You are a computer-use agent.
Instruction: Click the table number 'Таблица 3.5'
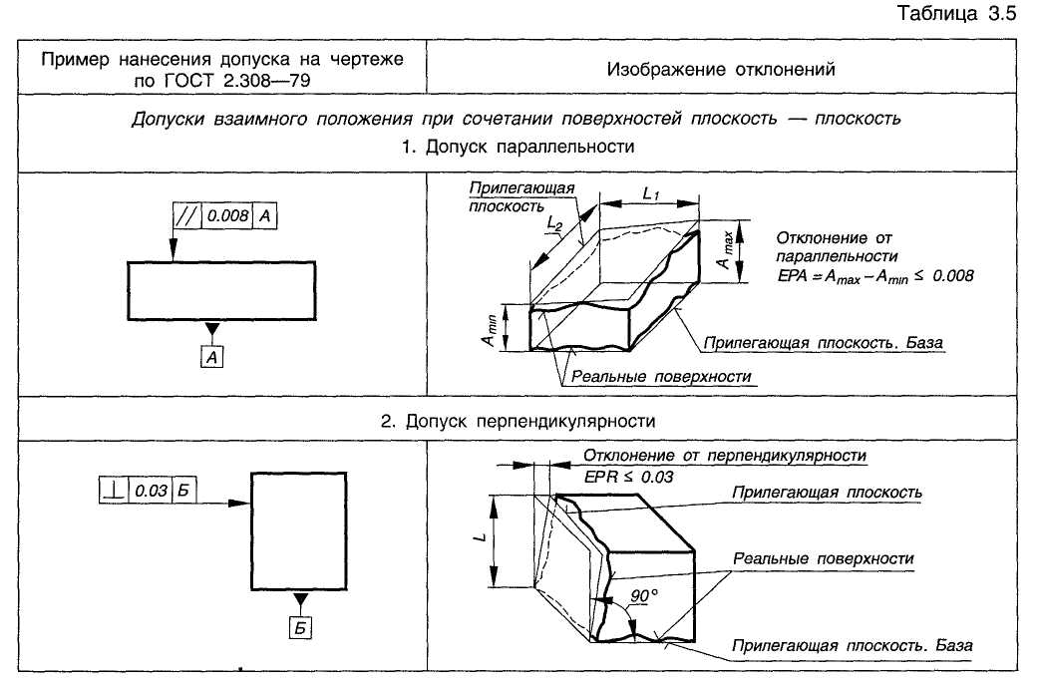coord(956,13)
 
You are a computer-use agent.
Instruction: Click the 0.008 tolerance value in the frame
coord(227,215)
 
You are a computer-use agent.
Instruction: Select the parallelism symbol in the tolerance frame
coord(186,215)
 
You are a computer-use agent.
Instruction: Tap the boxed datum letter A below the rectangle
coord(212,357)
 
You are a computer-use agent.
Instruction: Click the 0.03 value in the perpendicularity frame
coord(151,491)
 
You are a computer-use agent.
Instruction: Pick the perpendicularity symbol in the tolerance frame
coord(114,491)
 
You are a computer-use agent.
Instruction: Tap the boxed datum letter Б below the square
coord(300,628)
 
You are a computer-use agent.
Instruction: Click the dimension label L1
coord(651,193)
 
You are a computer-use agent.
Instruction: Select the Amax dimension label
coord(726,250)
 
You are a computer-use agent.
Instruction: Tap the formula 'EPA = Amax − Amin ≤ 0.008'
coord(875,276)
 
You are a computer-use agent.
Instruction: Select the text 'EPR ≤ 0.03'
coord(628,477)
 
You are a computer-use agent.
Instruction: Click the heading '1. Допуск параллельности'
coord(518,147)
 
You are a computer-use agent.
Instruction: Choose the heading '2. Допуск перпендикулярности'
coord(518,422)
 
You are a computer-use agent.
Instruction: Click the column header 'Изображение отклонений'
coord(721,69)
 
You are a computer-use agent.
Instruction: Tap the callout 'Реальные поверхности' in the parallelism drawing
coord(661,376)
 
